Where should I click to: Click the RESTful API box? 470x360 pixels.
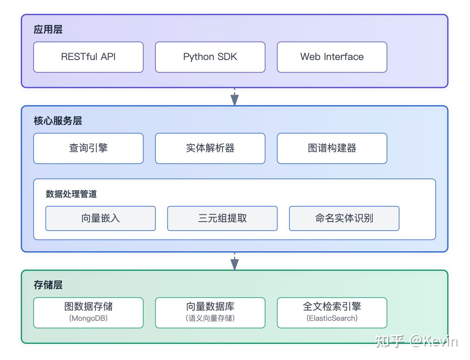tap(88, 57)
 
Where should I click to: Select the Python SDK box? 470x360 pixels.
tap(210, 57)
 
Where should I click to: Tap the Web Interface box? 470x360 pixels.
tap(332, 57)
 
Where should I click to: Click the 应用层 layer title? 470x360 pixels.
tap(48, 29)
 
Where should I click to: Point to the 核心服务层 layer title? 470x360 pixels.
tap(58, 121)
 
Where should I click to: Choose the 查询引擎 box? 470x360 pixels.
tap(88, 148)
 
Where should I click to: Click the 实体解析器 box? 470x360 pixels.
tap(210, 148)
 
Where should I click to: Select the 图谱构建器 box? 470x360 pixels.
tap(332, 148)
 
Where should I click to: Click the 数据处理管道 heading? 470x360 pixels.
tap(71, 194)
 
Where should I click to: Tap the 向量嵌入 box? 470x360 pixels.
tap(100, 218)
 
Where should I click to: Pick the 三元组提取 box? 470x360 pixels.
tap(222, 218)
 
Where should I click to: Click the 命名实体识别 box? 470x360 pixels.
tap(344, 218)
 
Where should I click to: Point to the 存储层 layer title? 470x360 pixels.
tap(48, 285)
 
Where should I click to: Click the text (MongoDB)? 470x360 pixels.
tap(88, 318)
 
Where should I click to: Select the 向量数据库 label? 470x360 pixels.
tap(210, 306)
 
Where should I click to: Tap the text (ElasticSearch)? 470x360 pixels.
tap(332, 318)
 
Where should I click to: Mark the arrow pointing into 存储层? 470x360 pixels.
tap(235, 262)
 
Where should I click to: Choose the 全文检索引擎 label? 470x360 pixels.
tap(332, 306)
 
